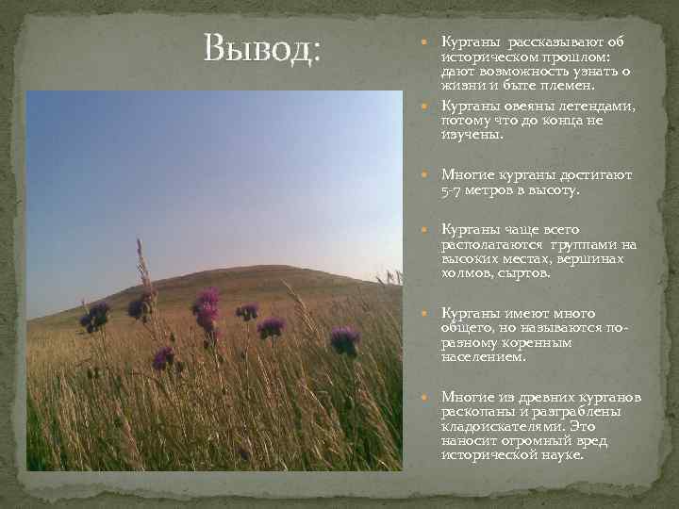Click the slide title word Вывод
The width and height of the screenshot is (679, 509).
(262, 47)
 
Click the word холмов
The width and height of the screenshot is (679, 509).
(465, 273)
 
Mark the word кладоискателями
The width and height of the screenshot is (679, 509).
(498, 426)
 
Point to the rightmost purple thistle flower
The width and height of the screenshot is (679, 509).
(344, 338)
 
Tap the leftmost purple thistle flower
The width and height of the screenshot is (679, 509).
(93, 316)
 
